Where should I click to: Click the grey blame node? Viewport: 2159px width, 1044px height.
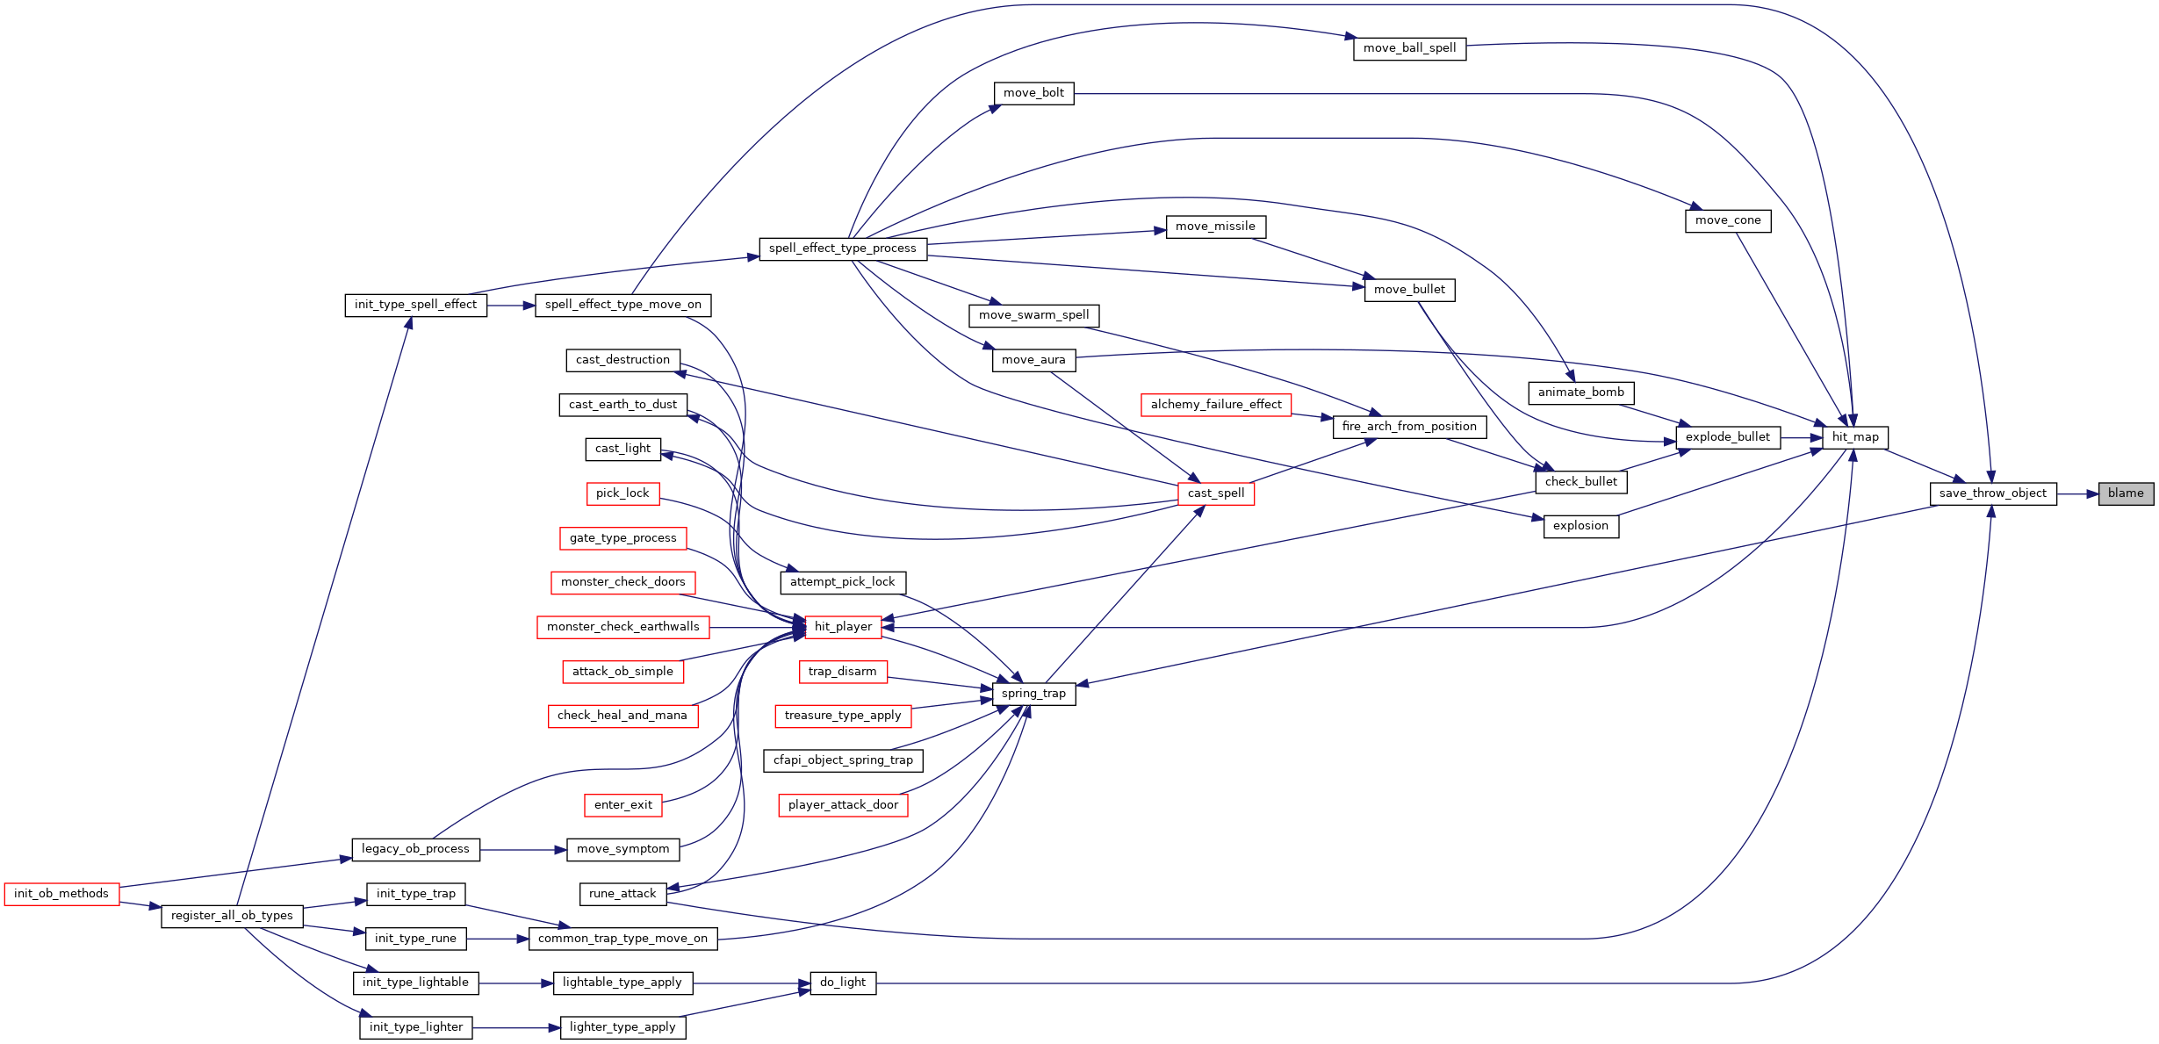[2126, 493]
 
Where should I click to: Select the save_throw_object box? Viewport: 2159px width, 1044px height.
[1993, 493]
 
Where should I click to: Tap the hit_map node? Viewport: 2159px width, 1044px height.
[1855, 437]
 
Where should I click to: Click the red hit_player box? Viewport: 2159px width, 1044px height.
[843, 627]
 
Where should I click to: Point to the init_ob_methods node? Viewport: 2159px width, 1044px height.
[61, 894]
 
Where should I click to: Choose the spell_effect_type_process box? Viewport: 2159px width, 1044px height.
[843, 248]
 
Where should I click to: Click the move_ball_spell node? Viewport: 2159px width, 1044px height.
[1410, 48]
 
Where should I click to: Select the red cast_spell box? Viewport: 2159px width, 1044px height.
[1216, 493]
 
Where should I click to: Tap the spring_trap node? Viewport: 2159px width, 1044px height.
[1033, 694]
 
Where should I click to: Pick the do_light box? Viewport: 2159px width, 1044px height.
[843, 983]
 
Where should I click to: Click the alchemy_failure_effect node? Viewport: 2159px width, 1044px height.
[1216, 405]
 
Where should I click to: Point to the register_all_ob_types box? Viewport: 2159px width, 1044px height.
[233, 916]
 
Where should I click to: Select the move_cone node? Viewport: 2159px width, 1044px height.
[1728, 220]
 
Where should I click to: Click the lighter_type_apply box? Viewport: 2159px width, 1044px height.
[623, 1027]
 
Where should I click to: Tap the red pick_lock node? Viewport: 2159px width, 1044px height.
[623, 493]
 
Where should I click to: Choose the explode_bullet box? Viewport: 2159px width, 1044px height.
[1728, 437]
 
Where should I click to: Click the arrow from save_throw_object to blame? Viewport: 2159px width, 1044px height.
[2077, 494]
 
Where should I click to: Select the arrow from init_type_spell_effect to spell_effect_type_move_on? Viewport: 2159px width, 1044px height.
[511, 306]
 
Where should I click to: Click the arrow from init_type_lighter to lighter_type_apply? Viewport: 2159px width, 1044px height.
[516, 1028]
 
